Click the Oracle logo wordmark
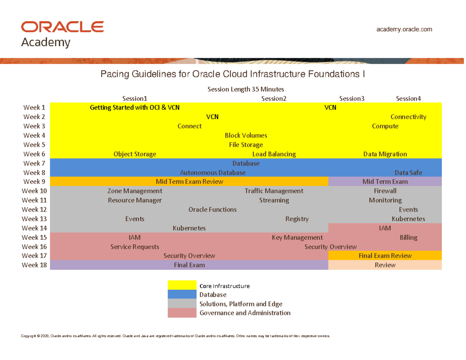pyautogui.click(x=62, y=27)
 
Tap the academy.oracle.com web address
pyautogui.click(x=404, y=29)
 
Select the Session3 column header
pyautogui.click(x=352, y=99)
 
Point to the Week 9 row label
pyautogui.click(x=34, y=182)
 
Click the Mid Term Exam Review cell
pyautogui.click(x=189, y=182)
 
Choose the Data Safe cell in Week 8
pyautogui.click(x=408, y=172)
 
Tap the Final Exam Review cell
pyautogui.click(x=385, y=256)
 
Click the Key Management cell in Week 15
pyautogui.click(x=297, y=238)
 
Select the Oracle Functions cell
pyautogui.click(x=212, y=210)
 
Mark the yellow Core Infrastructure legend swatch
pyautogui.click(x=182, y=285)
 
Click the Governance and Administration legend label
pyautogui.click(x=245, y=313)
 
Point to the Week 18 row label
pyautogui.click(x=34, y=265)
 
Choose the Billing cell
pyautogui.click(x=409, y=238)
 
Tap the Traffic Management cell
pyautogui.click(x=274, y=191)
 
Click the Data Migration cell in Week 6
pyautogui.click(x=385, y=154)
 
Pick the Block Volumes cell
pyautogui.click(x=246, y=136)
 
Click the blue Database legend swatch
pyautogui.click(x=182, y=295)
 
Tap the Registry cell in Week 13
pyautogui.click(x=297, y=219)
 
